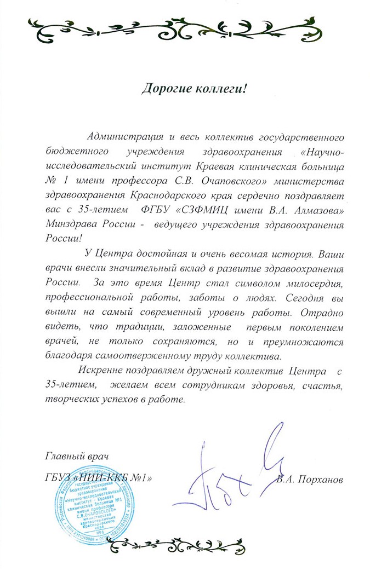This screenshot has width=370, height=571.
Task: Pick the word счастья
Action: click(323, 387)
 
